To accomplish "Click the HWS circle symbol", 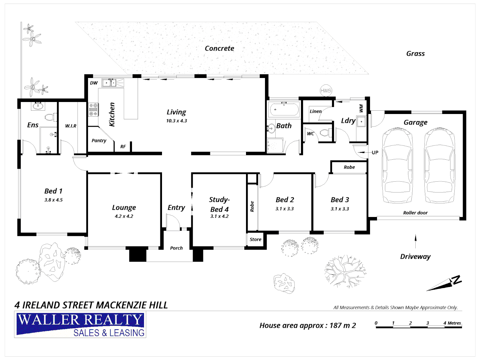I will click(x=326, y=90).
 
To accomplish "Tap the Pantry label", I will click(x=99, y=141).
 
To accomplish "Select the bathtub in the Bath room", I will click(x=284, y=109).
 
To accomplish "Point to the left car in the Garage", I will click(x=397, y=166).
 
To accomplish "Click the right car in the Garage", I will click(x=439, y=166).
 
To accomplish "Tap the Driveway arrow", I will click(x=415, y=242).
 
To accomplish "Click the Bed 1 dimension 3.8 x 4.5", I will click(x=53, y=200).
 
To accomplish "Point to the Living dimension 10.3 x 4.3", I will click(x=176, y=121).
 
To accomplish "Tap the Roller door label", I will click(x=415, y=213).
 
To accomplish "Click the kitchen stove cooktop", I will click(x=93, y=110).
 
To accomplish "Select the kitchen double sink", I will click(x=109, y=82).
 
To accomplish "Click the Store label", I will click(x=255, y=239).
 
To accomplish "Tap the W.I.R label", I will click(x=71, y=126).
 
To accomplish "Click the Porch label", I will click(x=176, y=248).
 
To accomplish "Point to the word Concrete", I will click(x=219, y=48).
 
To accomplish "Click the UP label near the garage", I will click(x=375, y=153).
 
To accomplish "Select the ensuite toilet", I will click(x=50, y=117).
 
